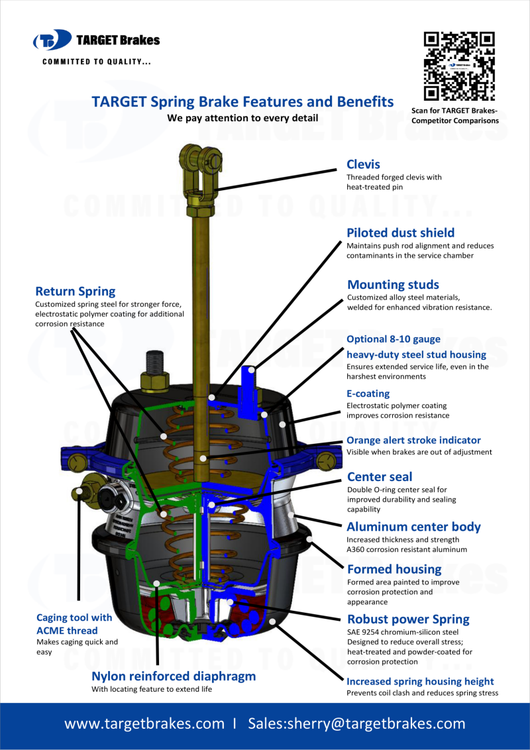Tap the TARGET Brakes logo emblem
coord(52,40)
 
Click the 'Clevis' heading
coord(363,164)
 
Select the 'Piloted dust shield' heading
coord(400,233)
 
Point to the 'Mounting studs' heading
coord(393,285)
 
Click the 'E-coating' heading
coord(368,394)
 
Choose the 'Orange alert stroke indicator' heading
coord(413,440)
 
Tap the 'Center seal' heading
coord(380,476)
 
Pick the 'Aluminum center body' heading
coord(413,527)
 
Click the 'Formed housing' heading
coord(394,569)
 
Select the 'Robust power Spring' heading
coord(408,619)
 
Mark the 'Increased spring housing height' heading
coord(420,681)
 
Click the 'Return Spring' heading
coord(75,292)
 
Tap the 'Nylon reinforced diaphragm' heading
coord(173,676)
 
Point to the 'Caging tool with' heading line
coord(74,617)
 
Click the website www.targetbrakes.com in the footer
coord(144,723)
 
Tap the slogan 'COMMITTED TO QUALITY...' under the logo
coord(97,62)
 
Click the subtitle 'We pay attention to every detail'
coord(242,118)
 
